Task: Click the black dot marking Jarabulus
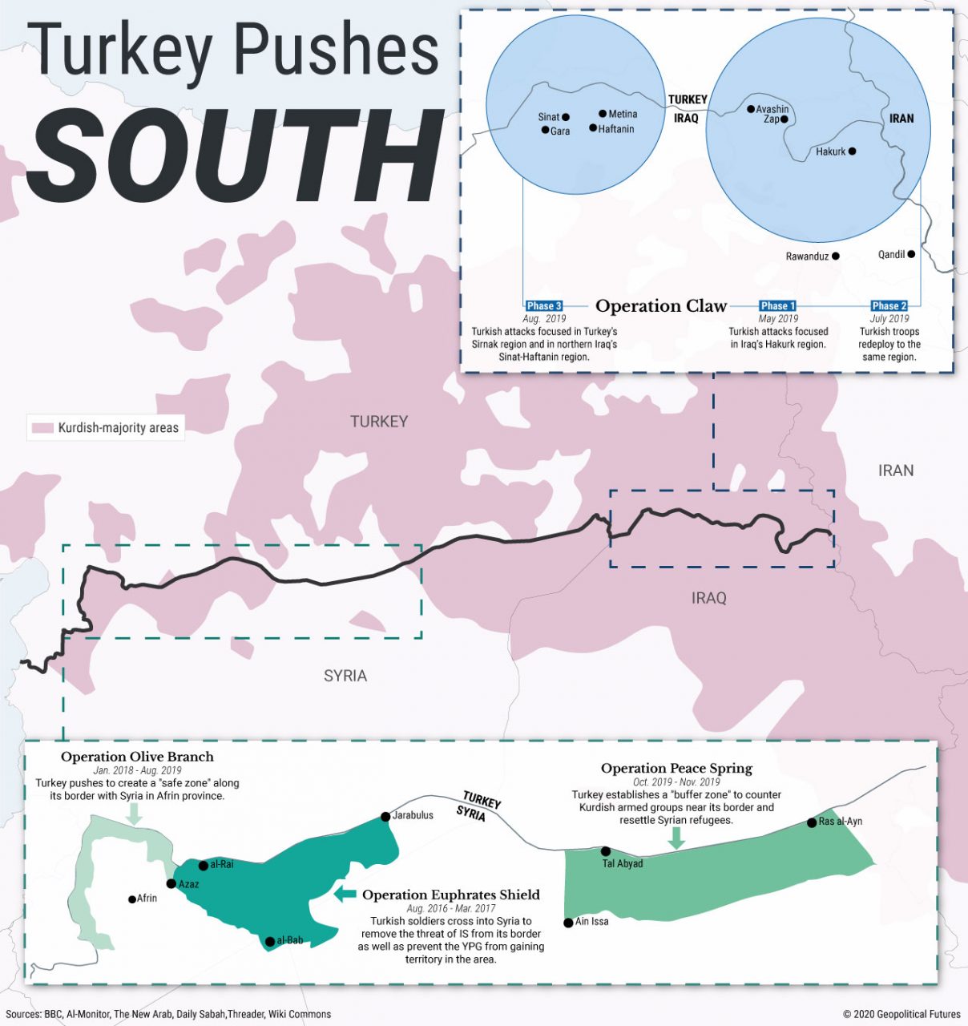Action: click(385, 816)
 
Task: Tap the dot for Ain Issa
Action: click(568, 923)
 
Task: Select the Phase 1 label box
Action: click(777, 305)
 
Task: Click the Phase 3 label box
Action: click(544, 305)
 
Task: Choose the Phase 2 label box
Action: click(889, 305)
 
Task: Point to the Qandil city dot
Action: click(911, 254)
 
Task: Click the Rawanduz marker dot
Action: click(836, 256)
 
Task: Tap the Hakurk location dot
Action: click(852, 151)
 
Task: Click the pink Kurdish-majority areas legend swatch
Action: click(42, 428)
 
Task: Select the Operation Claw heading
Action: click(661, 306)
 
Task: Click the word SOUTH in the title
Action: click(236, 156)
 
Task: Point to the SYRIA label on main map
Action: click(345, 676)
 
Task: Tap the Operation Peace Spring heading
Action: click(676, 769)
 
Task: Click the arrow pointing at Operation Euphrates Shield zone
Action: click(345, 894)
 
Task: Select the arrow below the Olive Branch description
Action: click(135, 814)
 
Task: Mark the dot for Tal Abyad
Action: click(606, 851)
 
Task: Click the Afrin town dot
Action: click(132, 899)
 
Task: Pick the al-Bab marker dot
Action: click(270, 941)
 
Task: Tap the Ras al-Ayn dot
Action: click(812, 822)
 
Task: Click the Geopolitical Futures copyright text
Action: click(901, 1014)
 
